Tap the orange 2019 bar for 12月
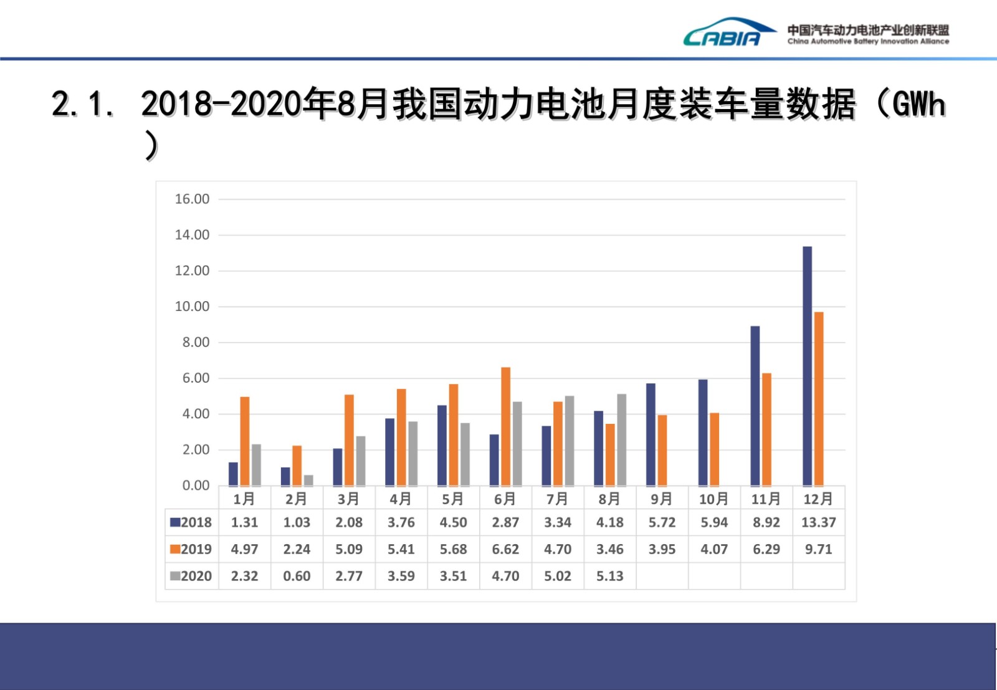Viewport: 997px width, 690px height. point(819,399)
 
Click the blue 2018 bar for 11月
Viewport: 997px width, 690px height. point(755,406)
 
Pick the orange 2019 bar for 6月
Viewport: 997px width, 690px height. point(505,426)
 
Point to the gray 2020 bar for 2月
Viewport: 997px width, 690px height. point(308,480)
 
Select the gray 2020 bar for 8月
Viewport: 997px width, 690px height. point(621,439)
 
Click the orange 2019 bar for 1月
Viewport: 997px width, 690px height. point(244,441)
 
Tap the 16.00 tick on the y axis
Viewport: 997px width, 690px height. point(192,199)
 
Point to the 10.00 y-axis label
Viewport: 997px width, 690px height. point(192,307)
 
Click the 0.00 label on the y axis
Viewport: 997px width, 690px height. point(196,486)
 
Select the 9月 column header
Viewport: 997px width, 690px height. point(662,499)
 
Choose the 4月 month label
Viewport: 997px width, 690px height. point(401,499)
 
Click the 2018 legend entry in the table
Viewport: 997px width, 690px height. point(191,522)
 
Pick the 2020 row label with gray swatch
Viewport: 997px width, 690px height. point(191,576)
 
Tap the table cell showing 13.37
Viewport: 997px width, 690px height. point(818,522)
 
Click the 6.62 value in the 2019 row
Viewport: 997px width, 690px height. point(505,549)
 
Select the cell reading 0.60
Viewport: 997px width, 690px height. point(297,576)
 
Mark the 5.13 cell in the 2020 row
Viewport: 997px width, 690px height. point(609,576)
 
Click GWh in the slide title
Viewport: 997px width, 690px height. point(918,104)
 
